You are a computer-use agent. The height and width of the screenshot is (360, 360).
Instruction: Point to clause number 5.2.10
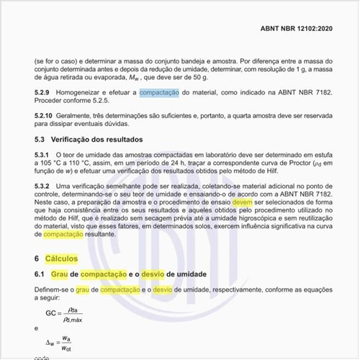(44, 115)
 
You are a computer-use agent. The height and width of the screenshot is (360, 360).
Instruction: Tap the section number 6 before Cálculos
(37, 258)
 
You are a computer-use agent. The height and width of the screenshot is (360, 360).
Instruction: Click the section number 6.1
(40, 274)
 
